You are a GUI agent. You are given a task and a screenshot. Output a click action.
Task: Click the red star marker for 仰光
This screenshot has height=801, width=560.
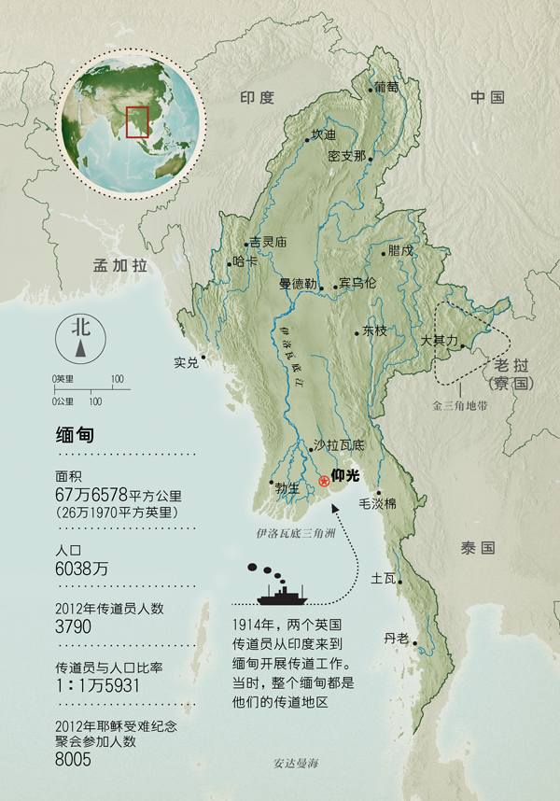[x=324, y=481]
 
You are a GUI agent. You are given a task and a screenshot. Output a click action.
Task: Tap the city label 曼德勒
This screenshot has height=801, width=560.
[x=298, y=283]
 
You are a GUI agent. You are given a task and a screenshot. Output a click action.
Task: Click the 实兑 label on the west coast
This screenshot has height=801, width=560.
[x=187, y=362]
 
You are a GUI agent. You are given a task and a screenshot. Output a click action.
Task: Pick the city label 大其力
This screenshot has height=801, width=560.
[x=438, y=341]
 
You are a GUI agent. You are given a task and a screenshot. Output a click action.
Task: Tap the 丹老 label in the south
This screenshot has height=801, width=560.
[x=396, y=639]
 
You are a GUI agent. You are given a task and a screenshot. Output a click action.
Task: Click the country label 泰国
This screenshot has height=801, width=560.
[x=476, y=548]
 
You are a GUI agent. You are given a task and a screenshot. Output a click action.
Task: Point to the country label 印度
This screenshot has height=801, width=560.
[x=257, y=97]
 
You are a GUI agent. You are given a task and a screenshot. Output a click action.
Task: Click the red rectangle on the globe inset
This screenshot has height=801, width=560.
[x=136, y=121]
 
